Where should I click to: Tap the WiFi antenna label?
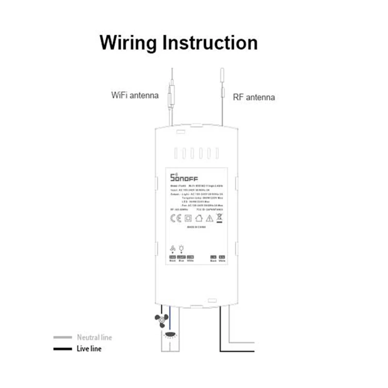135,96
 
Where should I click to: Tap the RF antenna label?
254,97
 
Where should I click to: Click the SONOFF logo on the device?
184,178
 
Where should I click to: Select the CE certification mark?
176,218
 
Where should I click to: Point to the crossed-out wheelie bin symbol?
220,218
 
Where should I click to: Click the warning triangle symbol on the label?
210,218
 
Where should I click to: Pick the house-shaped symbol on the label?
199,218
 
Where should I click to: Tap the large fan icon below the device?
161,320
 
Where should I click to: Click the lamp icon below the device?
170,334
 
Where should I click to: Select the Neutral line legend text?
94,337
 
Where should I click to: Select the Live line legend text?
89,349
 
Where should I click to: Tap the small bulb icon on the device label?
181,247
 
